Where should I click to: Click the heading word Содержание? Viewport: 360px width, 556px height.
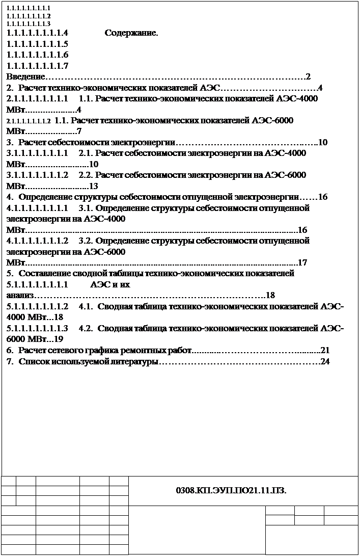[131, 34]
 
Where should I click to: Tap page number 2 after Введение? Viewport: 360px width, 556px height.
[308, 77]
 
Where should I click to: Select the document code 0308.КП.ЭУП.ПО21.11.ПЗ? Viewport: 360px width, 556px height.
[231, 491]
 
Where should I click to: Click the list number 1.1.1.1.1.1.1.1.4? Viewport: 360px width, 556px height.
[38, 34]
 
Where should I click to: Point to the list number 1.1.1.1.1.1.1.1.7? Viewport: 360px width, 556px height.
[38, 66]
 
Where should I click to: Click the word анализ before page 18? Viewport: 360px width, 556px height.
[20, 295]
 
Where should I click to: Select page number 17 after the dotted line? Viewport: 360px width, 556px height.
[302, 263]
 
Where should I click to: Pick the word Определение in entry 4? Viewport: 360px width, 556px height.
[46, 197]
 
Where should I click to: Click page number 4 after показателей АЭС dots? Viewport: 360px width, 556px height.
[320, 88]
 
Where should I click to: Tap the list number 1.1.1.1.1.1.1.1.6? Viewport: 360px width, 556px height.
[38, 55]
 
